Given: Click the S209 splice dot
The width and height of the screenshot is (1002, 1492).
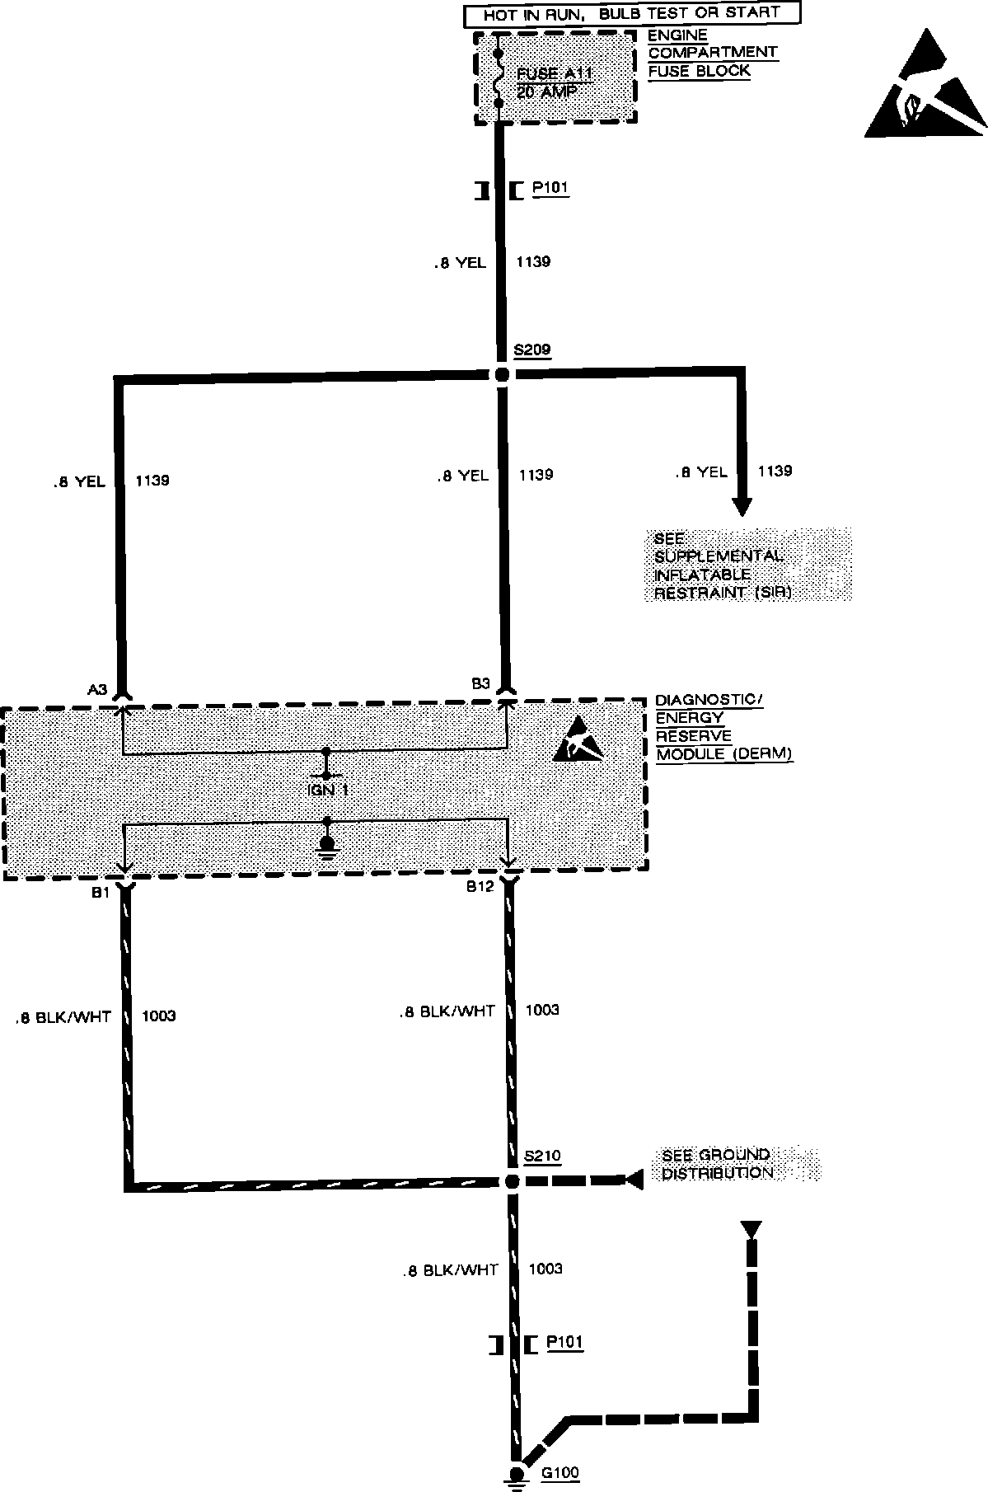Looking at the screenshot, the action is (503, 374).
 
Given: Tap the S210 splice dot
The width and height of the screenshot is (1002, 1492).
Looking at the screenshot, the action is (512, 1181).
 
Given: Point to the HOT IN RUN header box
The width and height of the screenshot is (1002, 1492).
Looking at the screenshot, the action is (621, 15).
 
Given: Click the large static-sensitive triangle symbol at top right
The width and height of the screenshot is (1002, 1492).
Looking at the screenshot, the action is (925, 86).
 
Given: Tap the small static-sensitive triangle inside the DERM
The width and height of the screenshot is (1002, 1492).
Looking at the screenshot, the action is (583, 741).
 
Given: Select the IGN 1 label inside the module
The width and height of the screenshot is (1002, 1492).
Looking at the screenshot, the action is (328, 790).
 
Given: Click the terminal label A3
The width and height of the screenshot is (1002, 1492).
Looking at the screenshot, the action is (97, 688).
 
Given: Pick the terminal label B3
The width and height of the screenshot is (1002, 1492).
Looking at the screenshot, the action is (481, 683).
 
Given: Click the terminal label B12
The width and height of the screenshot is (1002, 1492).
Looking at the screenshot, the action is (480, 886).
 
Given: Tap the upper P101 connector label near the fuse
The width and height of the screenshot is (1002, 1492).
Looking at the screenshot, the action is (550, 188).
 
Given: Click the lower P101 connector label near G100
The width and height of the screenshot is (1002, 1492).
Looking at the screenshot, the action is (564, 1342).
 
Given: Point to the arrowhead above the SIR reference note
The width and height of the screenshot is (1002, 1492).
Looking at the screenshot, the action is (742, 505).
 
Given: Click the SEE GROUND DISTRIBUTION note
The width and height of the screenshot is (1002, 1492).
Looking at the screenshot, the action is (717, 1163).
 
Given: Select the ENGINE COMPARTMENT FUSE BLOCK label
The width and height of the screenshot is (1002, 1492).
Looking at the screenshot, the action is (712, 53).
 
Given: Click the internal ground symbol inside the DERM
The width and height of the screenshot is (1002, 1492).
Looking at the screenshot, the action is (328, 846).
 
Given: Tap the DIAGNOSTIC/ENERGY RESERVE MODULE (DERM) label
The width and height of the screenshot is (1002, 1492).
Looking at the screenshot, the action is (723, 727).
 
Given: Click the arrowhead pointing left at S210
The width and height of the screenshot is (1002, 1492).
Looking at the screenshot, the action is (633, 1180).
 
